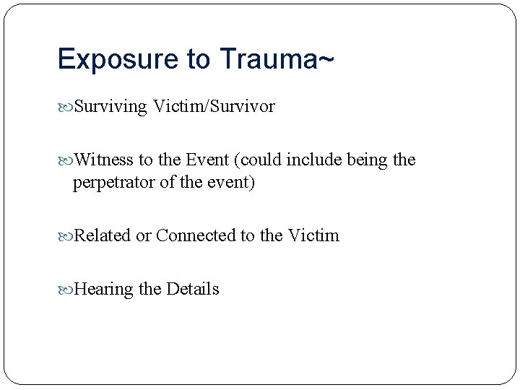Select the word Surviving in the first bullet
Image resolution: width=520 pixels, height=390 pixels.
pos(110,107)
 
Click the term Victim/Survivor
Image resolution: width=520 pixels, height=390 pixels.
pos(214,107)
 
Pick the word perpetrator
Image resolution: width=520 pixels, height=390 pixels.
pos(113,183)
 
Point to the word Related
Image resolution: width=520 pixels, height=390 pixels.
pos(103,235)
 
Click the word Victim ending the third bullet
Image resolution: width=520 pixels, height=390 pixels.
pos(313,235)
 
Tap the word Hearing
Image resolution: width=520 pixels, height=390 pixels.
pos(104,289)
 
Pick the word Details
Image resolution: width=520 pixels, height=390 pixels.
pos(193,289)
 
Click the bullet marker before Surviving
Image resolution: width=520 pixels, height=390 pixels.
pos(66,108)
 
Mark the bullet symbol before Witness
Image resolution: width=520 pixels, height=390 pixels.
pos(66,160)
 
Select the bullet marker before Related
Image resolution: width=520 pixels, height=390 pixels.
pos(66,236)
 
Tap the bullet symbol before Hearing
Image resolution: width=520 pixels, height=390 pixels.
pos(66,290)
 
